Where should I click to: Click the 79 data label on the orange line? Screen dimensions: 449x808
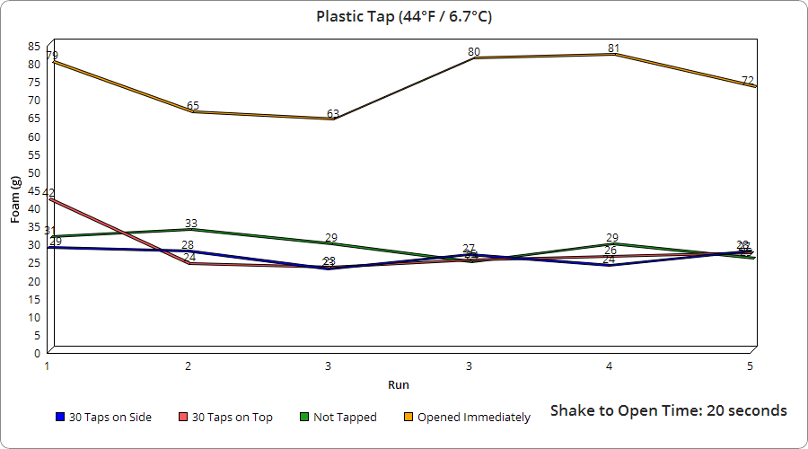[52, 56]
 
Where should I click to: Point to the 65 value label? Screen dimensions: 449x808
[193, 106]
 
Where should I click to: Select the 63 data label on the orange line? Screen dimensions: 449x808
[332, 114]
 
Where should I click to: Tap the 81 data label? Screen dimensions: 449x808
[613, 48]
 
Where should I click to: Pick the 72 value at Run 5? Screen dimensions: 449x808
[748, 81]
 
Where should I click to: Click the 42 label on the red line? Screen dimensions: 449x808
[48, 193]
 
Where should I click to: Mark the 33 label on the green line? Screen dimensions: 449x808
[191, 224]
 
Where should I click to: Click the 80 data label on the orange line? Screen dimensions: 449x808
[474, 52]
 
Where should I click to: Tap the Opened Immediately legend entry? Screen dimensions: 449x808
[473, 417]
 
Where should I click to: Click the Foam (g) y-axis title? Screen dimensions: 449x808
[15, 200]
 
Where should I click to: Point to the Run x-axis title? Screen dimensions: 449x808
[399, 384]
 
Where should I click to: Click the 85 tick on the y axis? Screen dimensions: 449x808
[34, 46]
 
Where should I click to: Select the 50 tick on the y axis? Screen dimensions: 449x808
[34, 172]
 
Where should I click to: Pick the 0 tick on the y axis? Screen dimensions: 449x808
[37, 353]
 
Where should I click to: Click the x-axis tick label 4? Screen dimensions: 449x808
[610, 366]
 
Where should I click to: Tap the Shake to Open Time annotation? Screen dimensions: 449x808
[668, 410]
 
